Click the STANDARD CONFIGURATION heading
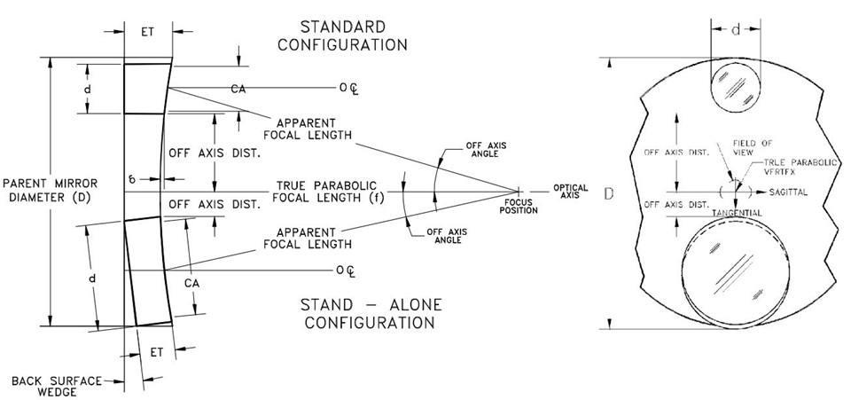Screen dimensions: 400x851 click(342, 35)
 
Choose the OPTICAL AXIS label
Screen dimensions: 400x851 click(569, 191)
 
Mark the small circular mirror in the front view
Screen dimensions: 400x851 click(734, 87)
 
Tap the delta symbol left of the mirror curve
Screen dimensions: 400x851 click(131, 178)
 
